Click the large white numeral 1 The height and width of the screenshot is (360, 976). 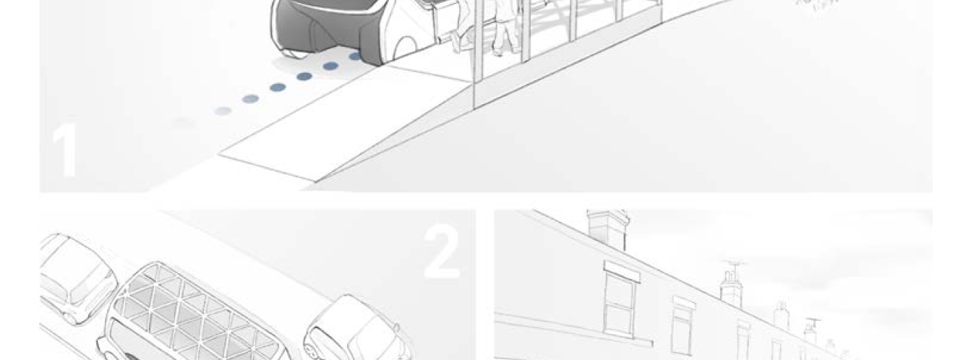[64, 150]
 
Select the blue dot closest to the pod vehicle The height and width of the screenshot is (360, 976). [355, 56]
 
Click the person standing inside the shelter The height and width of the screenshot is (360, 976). [505, 27]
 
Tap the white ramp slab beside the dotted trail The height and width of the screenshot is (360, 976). [301, 127]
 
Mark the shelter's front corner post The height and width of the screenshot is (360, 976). [478, 52]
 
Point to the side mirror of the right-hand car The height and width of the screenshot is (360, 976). [396, 327]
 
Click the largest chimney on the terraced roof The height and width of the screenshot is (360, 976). [607, 230]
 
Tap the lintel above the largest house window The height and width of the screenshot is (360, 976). [622, 272]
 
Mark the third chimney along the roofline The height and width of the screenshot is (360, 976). [781, 316]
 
